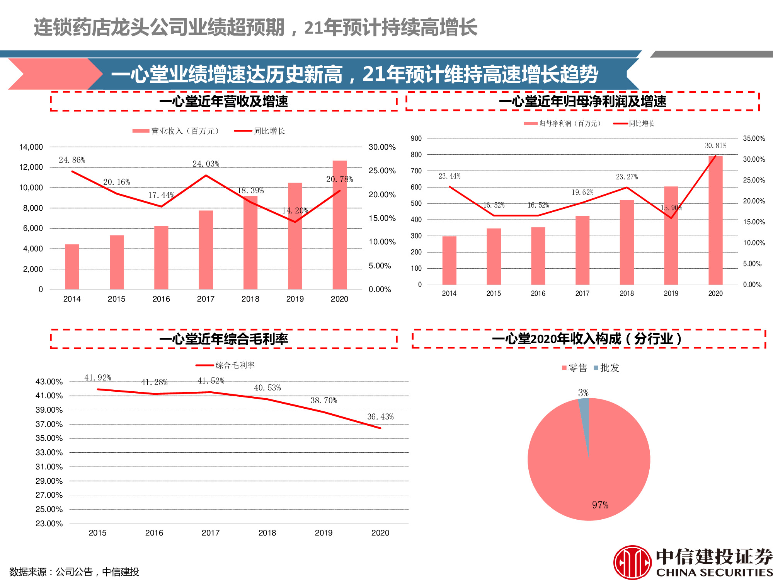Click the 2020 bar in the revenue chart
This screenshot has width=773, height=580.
click(339, 232)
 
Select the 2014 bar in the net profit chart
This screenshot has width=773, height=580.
click(449, 261)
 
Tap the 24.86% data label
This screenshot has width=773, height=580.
click(72, 160)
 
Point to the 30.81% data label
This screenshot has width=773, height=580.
click(715, 146)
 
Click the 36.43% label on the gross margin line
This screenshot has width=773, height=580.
click(380, 417)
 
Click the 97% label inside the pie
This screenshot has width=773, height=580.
click(600, 505)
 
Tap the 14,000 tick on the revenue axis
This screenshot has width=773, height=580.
click(31, 147)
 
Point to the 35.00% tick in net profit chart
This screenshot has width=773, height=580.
click(754, 138)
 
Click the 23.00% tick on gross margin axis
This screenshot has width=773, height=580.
click(49, 524)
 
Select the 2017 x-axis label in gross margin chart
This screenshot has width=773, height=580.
click(211, 533)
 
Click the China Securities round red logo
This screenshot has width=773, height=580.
click(632, 562)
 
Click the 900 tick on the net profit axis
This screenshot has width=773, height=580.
click(416, 138)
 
